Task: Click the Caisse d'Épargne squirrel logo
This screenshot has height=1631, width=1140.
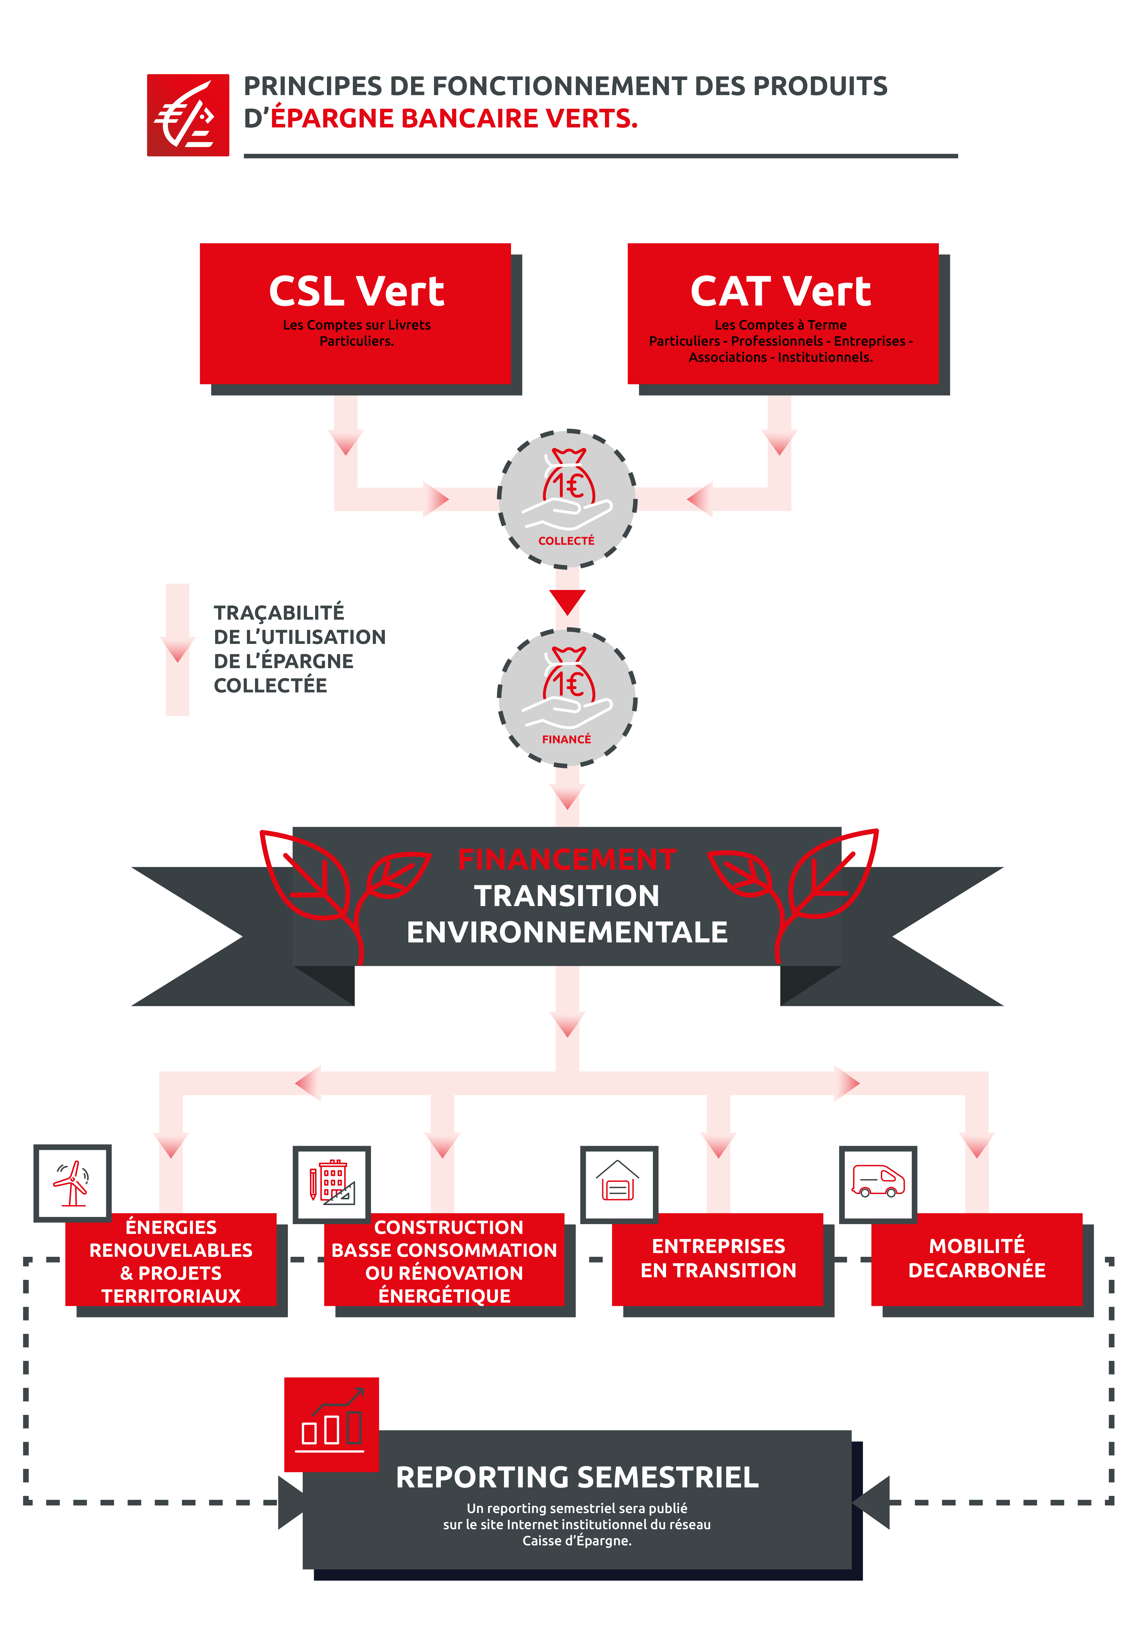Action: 188,115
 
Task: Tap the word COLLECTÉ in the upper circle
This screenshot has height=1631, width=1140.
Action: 566,541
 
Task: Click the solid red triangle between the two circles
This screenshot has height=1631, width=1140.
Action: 567,602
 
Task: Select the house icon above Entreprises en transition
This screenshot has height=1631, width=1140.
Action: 618,1181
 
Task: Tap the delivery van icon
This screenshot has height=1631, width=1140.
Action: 879,1181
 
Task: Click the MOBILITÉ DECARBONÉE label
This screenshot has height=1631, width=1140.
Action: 977,1258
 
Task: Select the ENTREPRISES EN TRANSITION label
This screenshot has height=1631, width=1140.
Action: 719,1258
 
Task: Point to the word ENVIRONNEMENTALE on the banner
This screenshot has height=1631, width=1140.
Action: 567,932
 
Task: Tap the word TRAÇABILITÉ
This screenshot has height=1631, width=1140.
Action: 279,612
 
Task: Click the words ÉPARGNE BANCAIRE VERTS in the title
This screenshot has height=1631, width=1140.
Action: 454,119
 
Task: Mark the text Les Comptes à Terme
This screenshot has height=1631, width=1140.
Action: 780,325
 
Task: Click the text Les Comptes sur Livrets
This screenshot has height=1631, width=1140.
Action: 357,325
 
